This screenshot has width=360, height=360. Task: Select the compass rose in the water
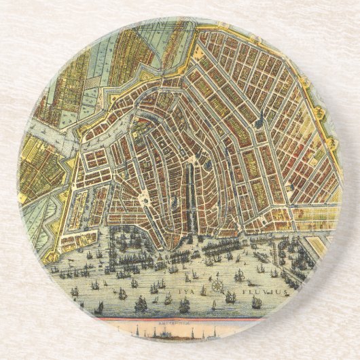click(217, 285)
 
